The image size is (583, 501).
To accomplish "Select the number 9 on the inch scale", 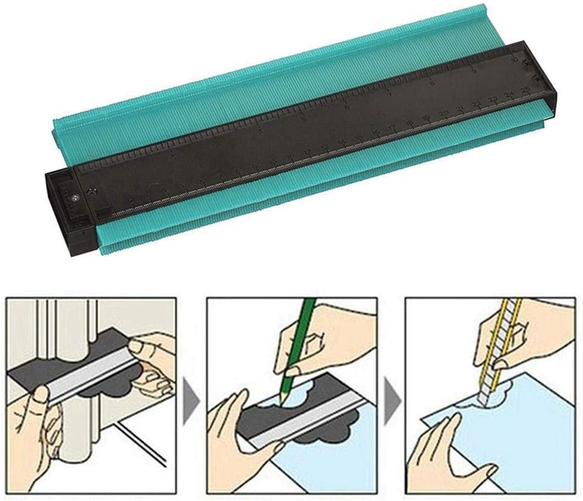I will [472, 71].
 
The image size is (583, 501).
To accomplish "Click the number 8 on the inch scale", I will [431, 81].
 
